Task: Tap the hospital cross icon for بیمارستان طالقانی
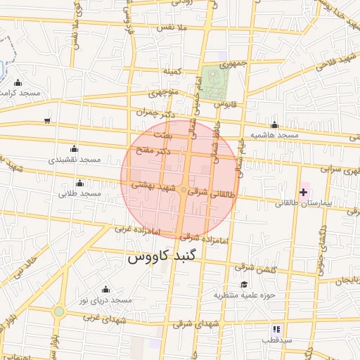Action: pyautogui.click(x=304, y=191)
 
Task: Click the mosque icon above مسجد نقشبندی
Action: pyautogui.click(x=75, y=148)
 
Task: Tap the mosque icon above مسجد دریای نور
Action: pyautogui.click(x=105, y=289)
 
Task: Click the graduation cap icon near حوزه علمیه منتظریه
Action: pyautogui.click(x=244, y=284)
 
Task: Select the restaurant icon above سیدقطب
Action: pyautogui.click(x=277, y=328)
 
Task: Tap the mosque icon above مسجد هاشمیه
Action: pyautogui.click(x=274, y=124)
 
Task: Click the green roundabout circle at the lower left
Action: pyautogui.click(x=59, y=310)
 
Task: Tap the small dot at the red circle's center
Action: pyautogui.click(x=184, y=190)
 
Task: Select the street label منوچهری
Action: pyautogui.click(x=164, y=92)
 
